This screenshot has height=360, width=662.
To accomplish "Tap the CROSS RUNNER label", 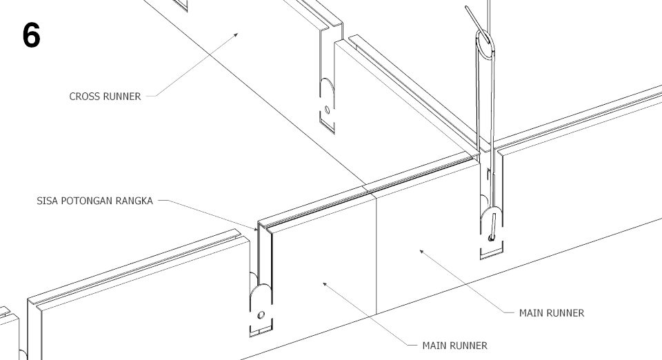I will (105, 97).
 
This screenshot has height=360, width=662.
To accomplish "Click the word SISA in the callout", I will (48, 202).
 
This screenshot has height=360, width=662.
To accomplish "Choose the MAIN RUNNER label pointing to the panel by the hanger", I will (552, 312).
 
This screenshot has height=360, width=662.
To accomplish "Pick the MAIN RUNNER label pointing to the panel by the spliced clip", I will (454, 346).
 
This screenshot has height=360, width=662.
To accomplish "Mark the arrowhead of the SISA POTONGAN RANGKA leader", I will (257, 227).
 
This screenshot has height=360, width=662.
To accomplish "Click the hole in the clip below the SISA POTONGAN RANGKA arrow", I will (259, 315).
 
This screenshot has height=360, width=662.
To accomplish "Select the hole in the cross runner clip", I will (327, 109).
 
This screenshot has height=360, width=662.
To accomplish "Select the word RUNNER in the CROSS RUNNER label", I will (120, 97).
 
